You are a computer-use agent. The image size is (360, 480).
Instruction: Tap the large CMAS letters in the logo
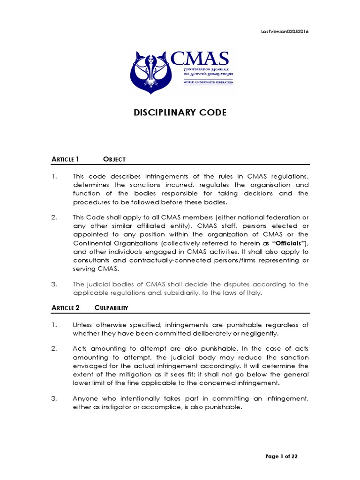click(200, 59)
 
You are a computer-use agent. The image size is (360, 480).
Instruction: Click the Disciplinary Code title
click(180, 112)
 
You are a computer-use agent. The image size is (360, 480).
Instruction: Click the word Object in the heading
click(114, 159)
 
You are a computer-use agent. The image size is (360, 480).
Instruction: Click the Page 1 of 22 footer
click(281, 456)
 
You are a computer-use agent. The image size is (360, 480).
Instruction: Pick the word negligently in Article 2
click(256, 333)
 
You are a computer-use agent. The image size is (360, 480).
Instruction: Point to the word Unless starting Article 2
click(83, 325)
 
